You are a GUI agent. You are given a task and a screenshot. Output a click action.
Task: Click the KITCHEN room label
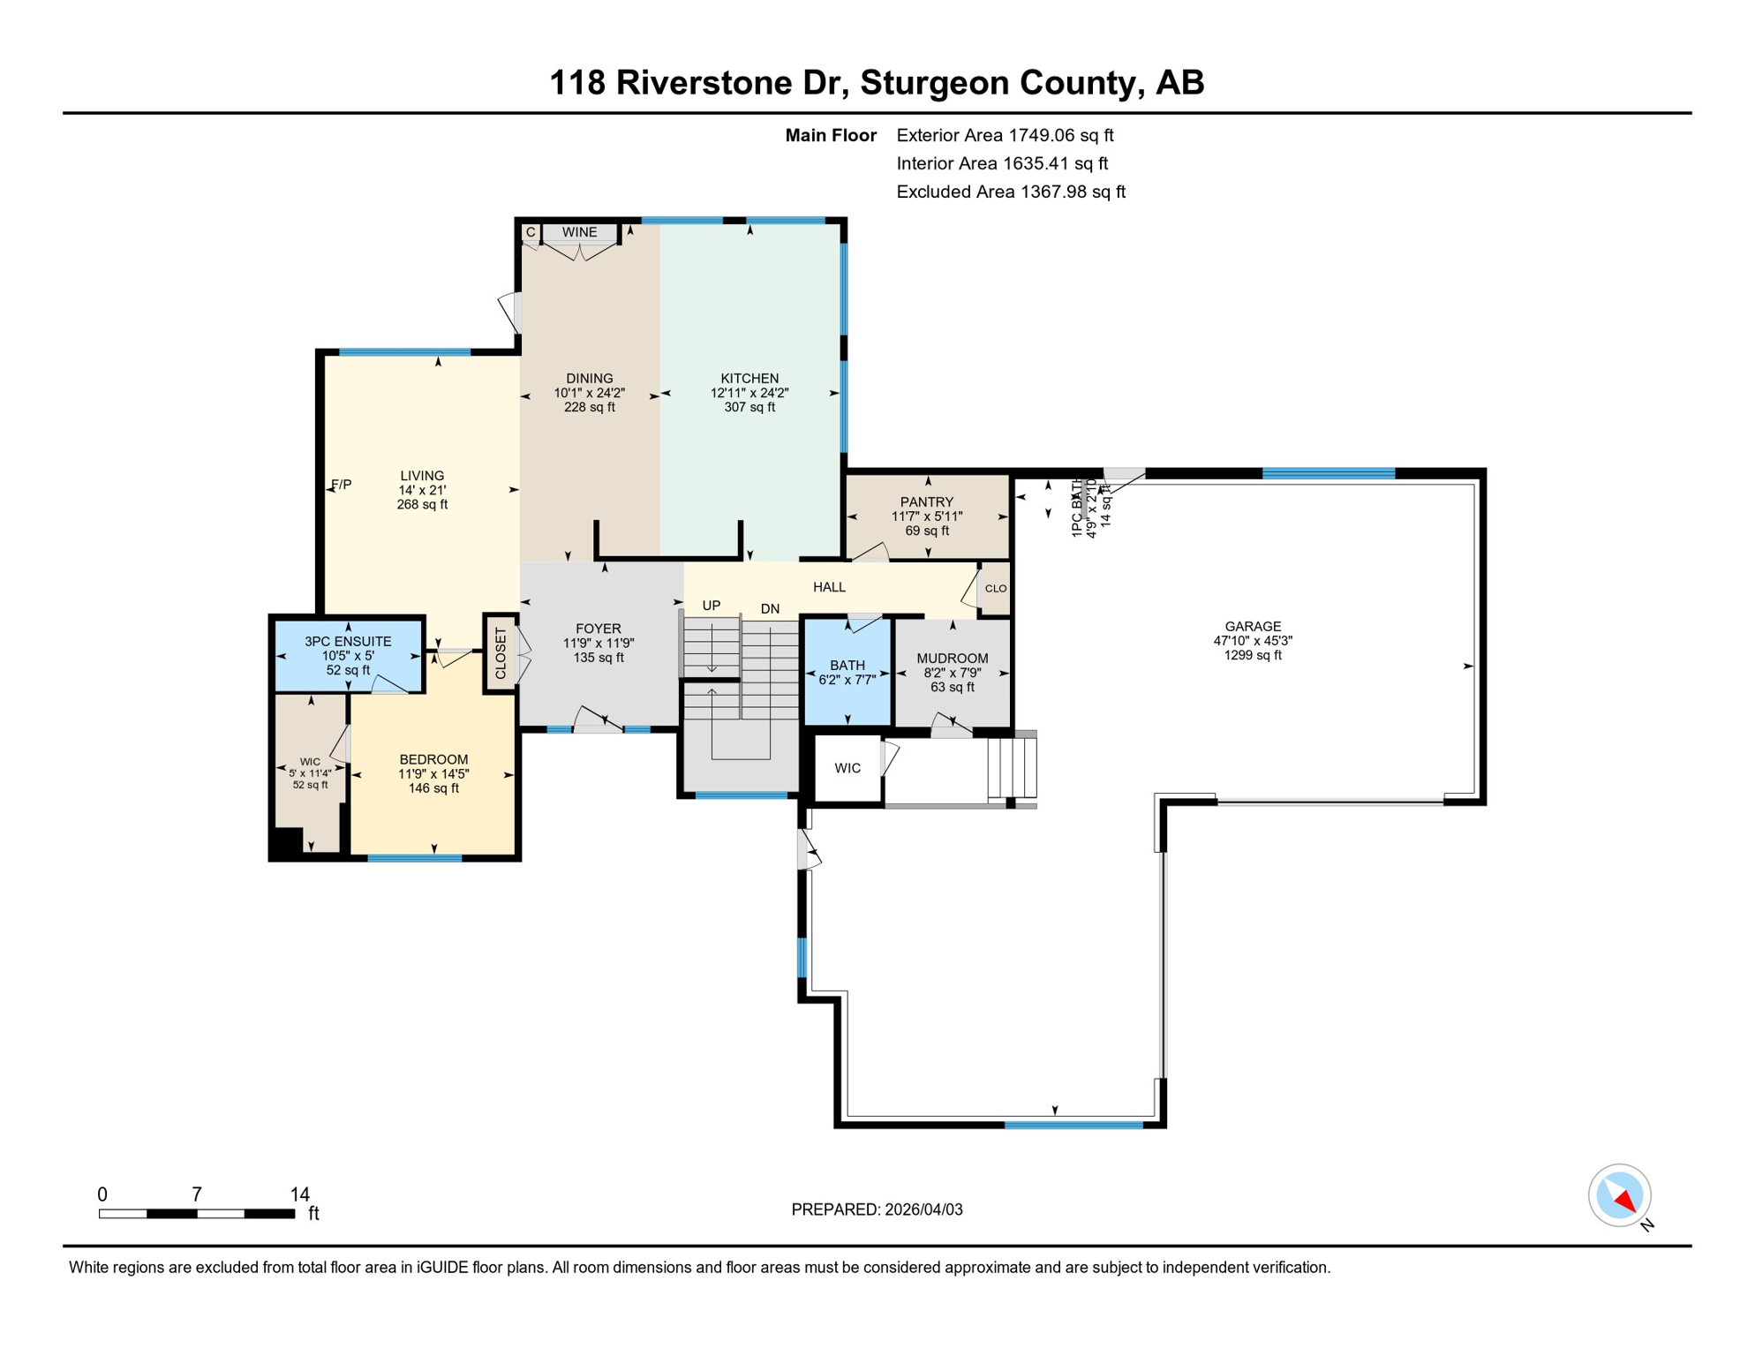click(749, 379)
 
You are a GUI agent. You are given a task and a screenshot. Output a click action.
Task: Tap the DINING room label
click(590, 379)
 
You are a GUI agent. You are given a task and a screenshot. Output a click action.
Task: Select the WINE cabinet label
click(579, 232)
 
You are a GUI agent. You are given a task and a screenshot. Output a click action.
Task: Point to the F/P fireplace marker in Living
click(341, 485)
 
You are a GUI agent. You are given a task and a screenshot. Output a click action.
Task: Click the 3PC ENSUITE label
click(348, 642)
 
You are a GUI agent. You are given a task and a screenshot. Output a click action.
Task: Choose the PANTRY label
click(927, 502)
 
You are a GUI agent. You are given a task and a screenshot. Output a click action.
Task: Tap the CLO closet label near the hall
click(996, 589)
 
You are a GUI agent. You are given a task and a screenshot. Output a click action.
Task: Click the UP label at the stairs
click(712, 606)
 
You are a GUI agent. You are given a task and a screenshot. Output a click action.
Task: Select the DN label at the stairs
click(770, 609)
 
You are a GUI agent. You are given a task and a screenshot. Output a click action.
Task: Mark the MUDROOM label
click(953, 659)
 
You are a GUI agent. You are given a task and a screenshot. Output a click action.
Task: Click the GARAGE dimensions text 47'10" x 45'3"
click(1253, 641)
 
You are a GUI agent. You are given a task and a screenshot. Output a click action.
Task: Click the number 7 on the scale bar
click(197, 1194)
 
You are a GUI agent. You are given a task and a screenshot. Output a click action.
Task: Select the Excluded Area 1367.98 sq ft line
click(1011, 192)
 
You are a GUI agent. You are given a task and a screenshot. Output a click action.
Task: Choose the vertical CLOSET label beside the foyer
click(501, 654)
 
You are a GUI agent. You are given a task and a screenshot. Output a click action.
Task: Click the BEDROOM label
click(433, 760)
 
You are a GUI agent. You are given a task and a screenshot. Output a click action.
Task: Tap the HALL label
click(829, 587)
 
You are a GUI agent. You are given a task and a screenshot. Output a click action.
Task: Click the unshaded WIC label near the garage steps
click(847, 768)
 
